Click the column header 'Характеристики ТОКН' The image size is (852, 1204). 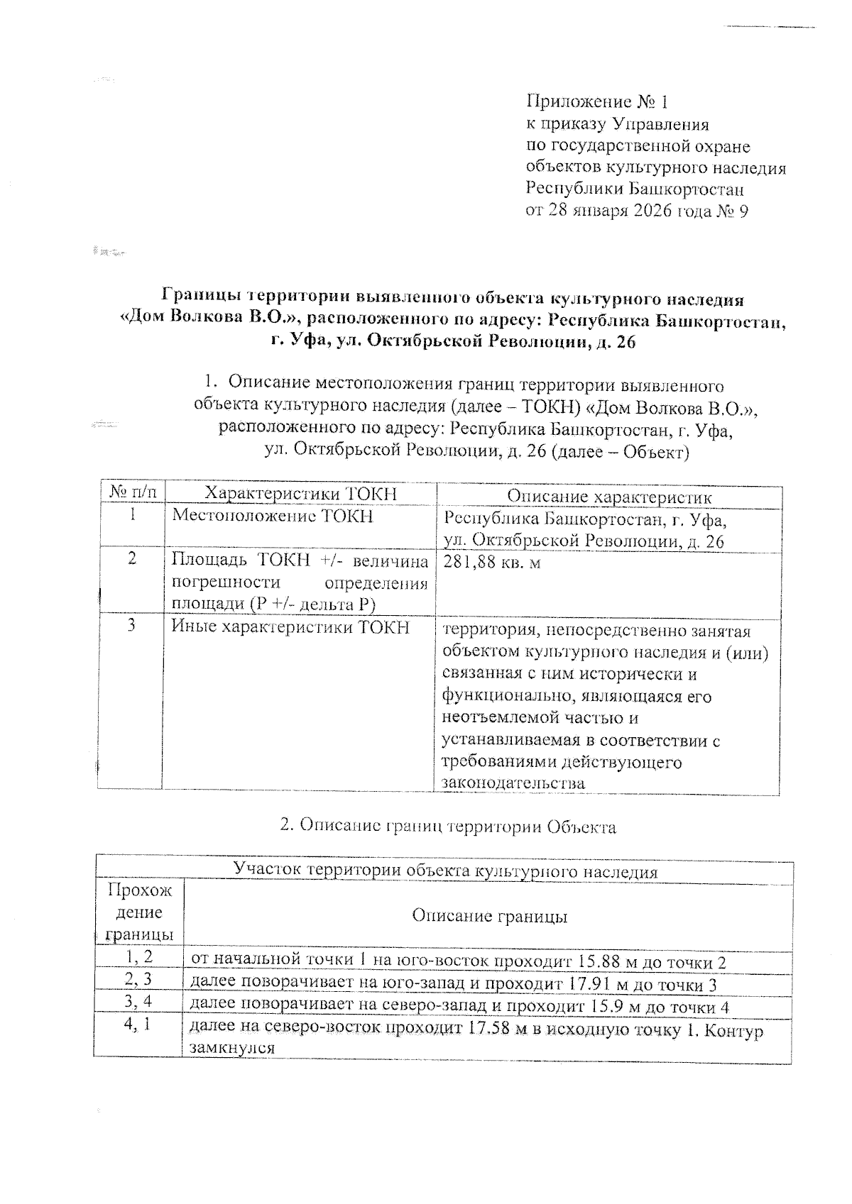tap(300, 494)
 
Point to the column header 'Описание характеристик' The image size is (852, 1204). tap(608, 497)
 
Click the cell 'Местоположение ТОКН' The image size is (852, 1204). tap(273, 516)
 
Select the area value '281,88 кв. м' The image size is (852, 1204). tap(492, 563)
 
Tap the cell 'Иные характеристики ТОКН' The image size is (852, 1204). tap(291, 626)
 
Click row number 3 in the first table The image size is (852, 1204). tap(133, 626)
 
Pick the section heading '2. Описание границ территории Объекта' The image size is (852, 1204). tap(448, 827)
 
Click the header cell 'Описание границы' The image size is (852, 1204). tap(489, 916)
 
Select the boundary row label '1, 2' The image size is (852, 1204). tap(139, 957)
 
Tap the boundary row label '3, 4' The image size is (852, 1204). tap(139, 1002)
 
